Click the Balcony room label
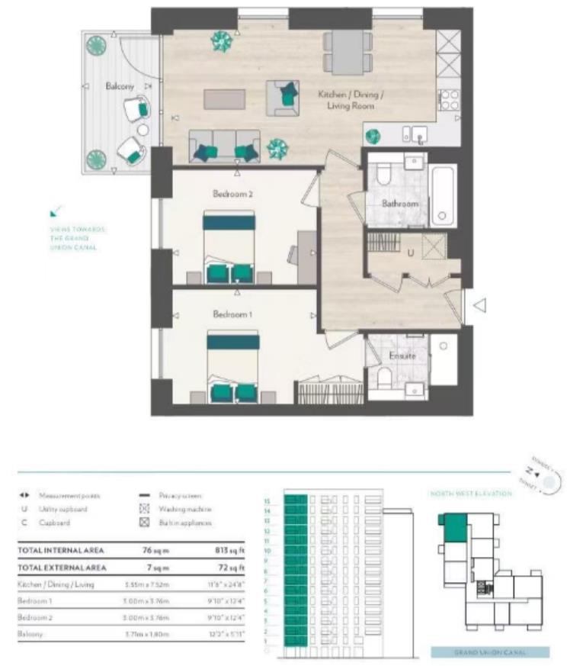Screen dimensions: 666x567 [x=120, y=87]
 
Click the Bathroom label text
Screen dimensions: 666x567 [x=401, y=204]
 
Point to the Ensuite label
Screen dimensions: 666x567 [x=402, y=356]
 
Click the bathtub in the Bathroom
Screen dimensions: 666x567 [x=443, y=195]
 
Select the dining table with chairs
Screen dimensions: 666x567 [x=347, y=52]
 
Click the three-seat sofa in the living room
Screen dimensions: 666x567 [x=224, y=146]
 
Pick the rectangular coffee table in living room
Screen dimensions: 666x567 [x=224, y=99]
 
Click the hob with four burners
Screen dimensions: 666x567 [x=449, y=100]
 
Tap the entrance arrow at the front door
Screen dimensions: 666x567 [x=479, y=306]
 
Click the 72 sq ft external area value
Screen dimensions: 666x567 [x=232, y=568]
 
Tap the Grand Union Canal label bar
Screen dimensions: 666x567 [x=490, y=652]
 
